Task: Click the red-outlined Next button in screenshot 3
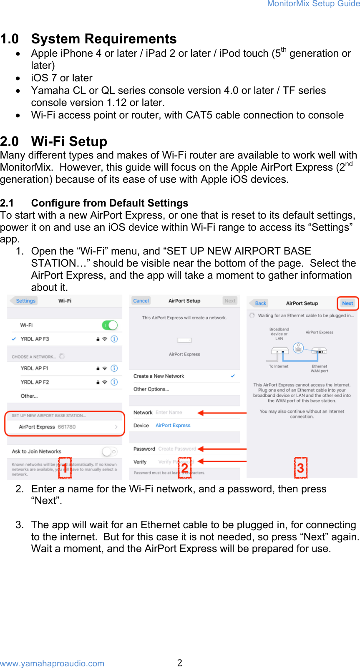[x=347, y=303]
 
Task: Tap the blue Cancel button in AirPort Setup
[x=141, y=301]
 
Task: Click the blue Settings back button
[x=25, y=301]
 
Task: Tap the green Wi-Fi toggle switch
[x=110, y=325]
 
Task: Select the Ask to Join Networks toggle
[x=110, y=451]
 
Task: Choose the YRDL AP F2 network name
[x=35, y=382]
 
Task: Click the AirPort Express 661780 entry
[x=47, y=427]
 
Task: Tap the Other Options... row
[x=151, y=389]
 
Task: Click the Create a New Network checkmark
[x=233, y=376]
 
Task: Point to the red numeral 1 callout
[x=65, y=468]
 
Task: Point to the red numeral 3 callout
[x=300, y=468]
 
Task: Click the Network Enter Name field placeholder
[x=169, y=413]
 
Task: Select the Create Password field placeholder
[x=177, y=449]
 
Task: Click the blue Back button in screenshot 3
[x=261, y=303]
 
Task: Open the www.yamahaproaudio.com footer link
[x=52, y=663]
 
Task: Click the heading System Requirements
[x=104, y=39]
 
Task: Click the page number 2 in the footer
[x=180, y=663]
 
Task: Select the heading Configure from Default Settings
[x=110, y=203]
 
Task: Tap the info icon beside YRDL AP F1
[x=114, y=368]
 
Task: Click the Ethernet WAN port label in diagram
[x=320, y=368]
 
